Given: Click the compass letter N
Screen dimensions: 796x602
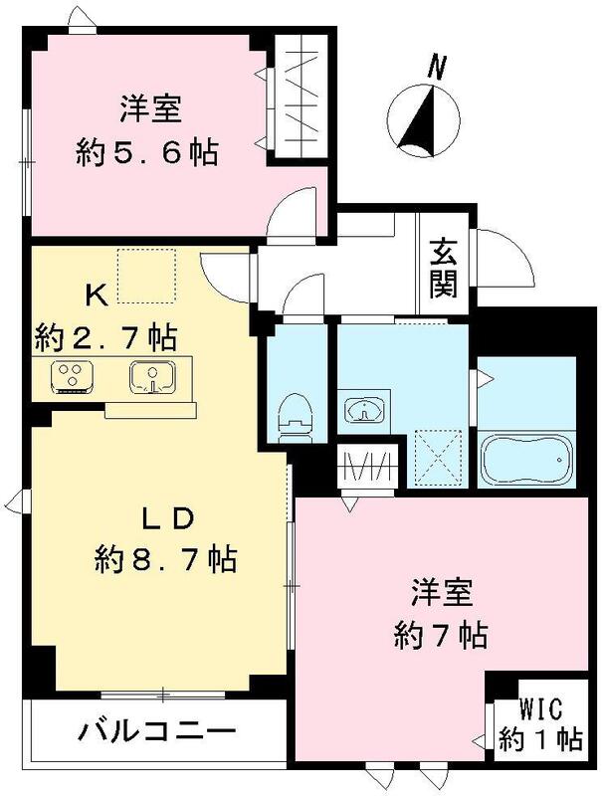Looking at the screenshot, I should (434, 68).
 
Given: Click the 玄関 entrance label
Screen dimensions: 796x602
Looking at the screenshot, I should (444, 269).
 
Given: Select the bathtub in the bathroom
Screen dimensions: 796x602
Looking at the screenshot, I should (527, 459).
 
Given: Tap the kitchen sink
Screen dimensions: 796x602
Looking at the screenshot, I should (152, 376).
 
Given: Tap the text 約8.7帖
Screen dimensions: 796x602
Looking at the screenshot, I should (165, 560).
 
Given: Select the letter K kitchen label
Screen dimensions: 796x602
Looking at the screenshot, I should (95, 295).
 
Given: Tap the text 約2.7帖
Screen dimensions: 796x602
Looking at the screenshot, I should (106, 335).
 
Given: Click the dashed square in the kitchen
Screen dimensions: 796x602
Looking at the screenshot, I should (147, 275).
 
